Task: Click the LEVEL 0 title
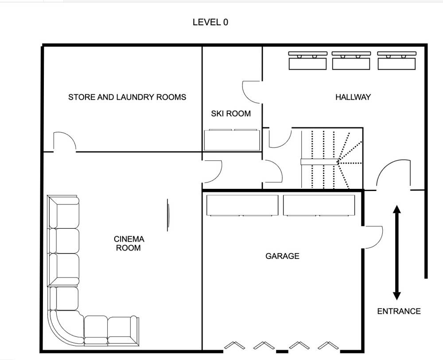point(210,22)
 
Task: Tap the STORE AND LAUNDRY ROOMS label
point(127,97)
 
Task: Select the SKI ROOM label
point(231,113)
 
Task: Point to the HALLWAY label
point(353,97)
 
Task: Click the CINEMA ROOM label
point(129,243)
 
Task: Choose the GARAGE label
point(282,256)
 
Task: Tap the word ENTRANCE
point(399,311)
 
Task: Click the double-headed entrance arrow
point(396,253)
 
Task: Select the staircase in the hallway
point(332,159)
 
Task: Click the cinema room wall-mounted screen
point(168,215)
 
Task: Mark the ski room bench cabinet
point(232,140)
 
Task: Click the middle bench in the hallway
point(351,61)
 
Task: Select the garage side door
point(373,237)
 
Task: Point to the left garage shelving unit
point(242,206)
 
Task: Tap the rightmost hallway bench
point(396,61)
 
